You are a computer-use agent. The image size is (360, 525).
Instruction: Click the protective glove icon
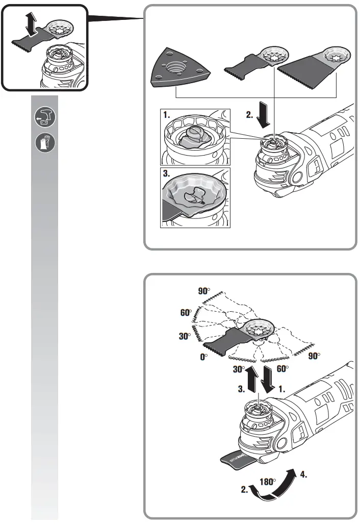pyautogui.click(x=44, y=143)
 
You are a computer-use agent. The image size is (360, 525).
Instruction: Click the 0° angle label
pyautogui.click(x=204, y=358)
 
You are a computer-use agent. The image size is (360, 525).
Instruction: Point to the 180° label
pyautogui.click(x=268, y=481)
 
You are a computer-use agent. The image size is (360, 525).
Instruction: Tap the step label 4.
pyautogui.click(x=303, y=474)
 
